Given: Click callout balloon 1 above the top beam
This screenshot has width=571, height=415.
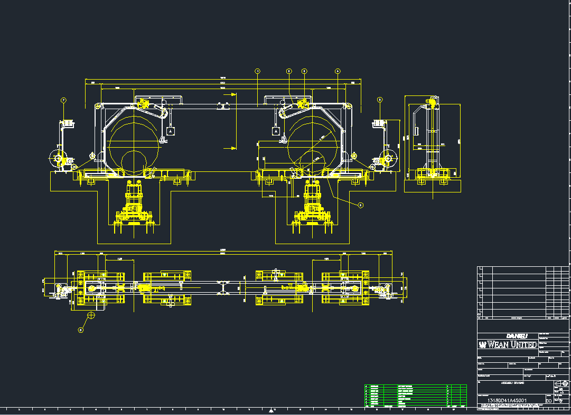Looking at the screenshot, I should tap(258, 71).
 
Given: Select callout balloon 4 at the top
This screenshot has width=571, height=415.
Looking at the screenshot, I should tap(338, 71).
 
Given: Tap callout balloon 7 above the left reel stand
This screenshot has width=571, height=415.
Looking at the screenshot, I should tap(63, 100).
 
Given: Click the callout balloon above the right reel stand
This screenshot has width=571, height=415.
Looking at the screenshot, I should tap(380, 100).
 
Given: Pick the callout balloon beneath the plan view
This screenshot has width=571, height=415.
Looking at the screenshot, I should tap(81, 331).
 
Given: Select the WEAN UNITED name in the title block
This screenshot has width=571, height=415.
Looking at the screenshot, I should tap(508, 345).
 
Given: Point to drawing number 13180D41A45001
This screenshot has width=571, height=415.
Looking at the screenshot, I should tap(507, 401).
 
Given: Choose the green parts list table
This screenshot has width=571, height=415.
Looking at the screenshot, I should tap(416, 395).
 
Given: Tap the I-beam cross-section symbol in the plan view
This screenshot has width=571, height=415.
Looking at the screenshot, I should tap(224, 287).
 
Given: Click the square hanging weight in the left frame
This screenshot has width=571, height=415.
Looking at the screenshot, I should tap(170, 130).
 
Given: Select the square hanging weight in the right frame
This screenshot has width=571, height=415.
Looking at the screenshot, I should tap(275, 130).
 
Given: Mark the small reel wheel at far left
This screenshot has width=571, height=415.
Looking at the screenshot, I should tap(56, 157).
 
